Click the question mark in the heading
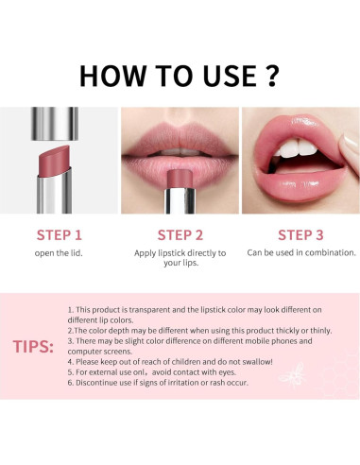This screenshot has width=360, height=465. point(270,76)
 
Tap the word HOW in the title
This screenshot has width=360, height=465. point(112,76)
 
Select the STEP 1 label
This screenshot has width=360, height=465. point(60,235)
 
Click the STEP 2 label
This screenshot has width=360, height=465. point(180,235)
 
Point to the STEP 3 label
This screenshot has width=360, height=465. point(300,235)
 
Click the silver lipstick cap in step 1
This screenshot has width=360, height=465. point(55,124)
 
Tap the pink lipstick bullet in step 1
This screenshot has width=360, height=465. point(54,161)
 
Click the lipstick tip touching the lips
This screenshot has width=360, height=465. point(180,179)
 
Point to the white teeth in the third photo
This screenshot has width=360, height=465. point(296,148)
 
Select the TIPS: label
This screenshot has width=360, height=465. point(33,347)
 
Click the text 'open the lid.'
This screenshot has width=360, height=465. point(59,253)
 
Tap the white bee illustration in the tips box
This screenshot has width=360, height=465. point(292,375)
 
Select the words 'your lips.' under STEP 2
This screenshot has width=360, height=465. point(181,263)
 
